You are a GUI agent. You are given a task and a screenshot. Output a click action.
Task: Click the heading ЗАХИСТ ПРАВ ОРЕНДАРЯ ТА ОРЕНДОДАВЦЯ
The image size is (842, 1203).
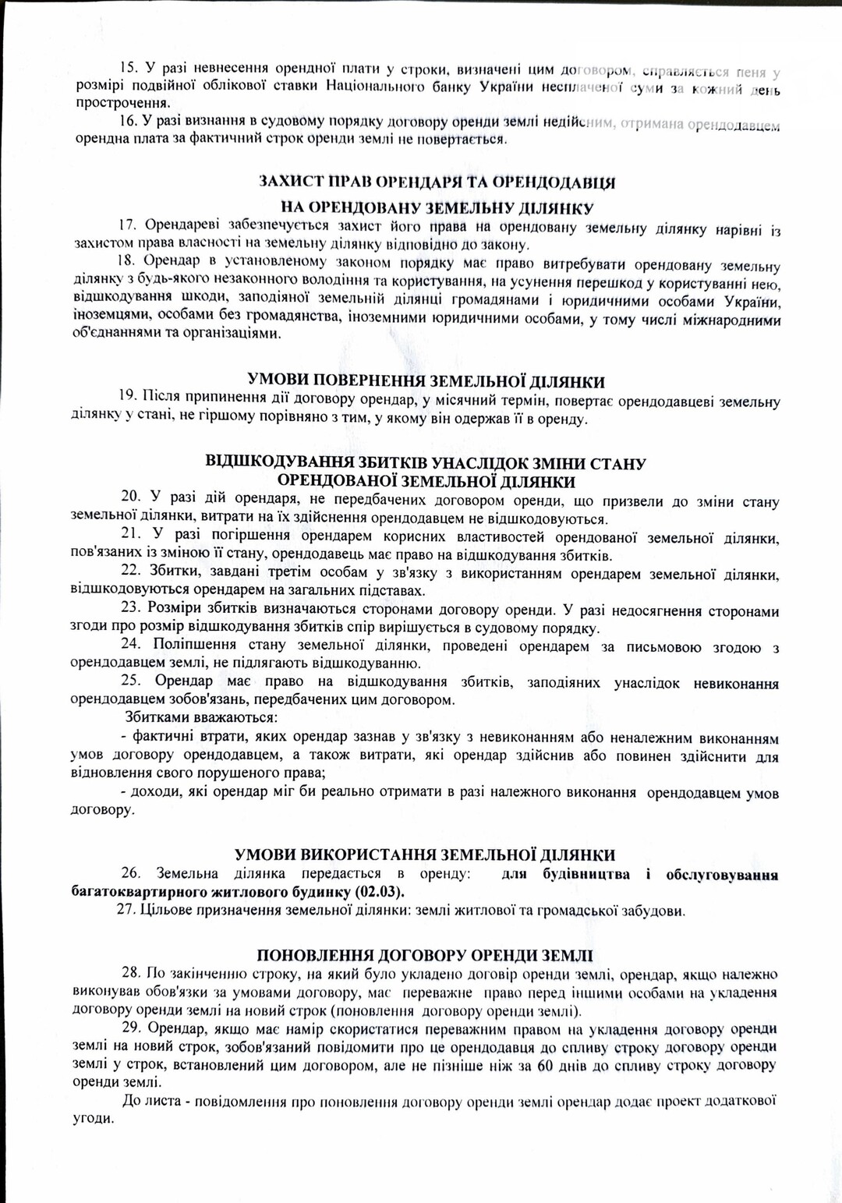(x=437, y=182)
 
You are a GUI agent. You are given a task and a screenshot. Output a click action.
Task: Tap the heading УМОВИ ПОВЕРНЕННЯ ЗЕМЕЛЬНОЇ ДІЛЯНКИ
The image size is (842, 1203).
(x=426, y=381)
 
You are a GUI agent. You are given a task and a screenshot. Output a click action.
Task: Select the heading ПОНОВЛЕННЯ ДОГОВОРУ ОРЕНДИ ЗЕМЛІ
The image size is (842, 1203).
(x=425, y=956)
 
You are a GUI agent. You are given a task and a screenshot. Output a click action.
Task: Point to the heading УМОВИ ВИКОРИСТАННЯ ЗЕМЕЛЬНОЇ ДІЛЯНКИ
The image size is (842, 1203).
(x=425, y=855)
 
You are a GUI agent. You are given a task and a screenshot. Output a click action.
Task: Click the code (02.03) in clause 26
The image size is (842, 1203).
(x=380, y=892)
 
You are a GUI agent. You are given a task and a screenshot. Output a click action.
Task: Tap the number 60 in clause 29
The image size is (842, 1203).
(x=546, y=1066)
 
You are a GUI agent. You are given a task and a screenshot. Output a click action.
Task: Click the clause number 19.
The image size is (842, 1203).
(x=128, y=395)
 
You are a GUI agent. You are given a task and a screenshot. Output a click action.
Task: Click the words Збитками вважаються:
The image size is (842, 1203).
(x=201, y=717)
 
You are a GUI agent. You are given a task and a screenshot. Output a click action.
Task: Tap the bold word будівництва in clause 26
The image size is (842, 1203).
(x=586, y=875)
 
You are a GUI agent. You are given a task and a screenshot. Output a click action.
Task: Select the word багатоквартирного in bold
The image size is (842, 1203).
(x=141, y=892)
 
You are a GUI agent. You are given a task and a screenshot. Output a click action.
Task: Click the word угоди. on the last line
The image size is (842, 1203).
(x=93, y=1119)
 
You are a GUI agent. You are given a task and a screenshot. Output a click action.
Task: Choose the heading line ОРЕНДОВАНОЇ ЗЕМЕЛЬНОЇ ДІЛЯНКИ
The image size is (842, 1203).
(x=426, y=481)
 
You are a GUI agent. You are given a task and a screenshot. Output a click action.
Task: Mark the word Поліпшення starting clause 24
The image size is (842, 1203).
(x=194, y=644)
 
